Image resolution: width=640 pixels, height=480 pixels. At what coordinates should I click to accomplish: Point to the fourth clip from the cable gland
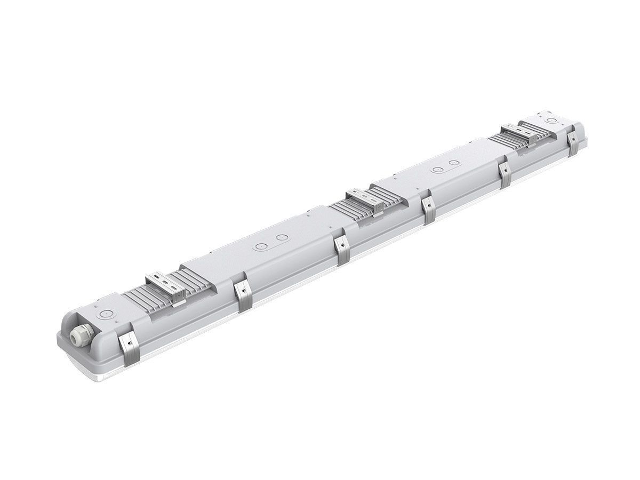coord(428,210)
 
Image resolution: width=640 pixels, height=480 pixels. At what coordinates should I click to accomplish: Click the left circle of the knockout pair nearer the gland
coord(261,247)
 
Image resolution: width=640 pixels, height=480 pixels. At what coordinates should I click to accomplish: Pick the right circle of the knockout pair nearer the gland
coord(283,237)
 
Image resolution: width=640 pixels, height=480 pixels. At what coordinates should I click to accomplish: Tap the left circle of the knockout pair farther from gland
coord(437,169)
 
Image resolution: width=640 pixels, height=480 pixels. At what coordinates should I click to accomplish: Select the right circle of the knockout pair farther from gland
coord(453,162)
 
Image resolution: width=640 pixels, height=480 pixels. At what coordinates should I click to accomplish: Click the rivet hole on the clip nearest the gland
coord(127,341)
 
